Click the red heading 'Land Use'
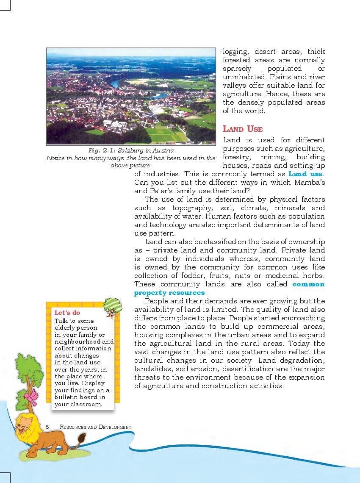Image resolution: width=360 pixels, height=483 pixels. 243,129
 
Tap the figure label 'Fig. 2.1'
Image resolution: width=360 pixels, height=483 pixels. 102,150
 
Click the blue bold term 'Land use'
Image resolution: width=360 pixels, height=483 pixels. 305,174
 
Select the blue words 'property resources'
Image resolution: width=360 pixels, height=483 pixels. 169,293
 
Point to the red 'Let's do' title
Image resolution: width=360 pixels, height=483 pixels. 67,313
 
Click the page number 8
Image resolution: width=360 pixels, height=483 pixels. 48,427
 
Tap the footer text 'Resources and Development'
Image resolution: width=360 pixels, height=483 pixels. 95,427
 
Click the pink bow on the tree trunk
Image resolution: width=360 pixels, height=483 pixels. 31,397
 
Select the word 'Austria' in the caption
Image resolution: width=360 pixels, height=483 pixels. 163,150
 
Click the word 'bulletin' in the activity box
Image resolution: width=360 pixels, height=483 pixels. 66,397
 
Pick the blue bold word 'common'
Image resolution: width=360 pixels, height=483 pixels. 308,284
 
